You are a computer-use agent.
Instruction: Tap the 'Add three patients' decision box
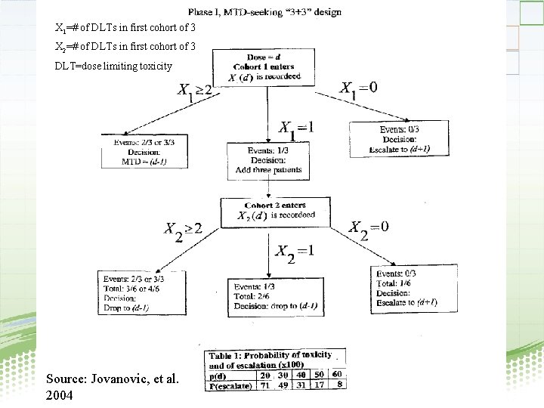(x=269, y=160)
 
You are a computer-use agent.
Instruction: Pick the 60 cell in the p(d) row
(x=336, y=373)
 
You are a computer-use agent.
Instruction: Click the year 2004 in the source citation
(x=60, y=394)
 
